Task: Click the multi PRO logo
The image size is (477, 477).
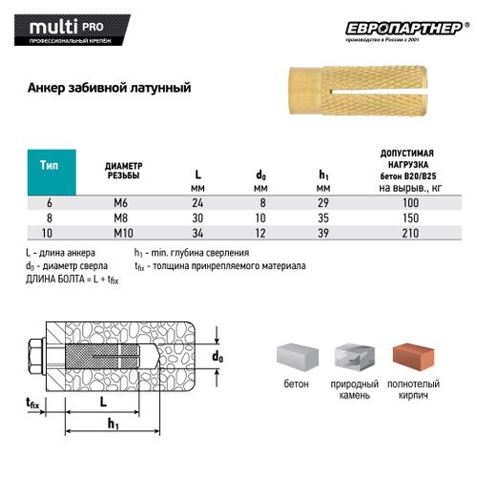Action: (72, 30)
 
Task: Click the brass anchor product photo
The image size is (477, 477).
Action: (358, 91)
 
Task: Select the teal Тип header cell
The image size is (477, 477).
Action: (52, 172)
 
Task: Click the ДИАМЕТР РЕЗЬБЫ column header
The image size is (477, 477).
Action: (123, 171)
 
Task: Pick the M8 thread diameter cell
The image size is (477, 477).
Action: (121, 218)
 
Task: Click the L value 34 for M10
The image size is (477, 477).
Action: (197, 233)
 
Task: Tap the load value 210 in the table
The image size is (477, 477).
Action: (410, 233)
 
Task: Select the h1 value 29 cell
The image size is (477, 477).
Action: (323, 203)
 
